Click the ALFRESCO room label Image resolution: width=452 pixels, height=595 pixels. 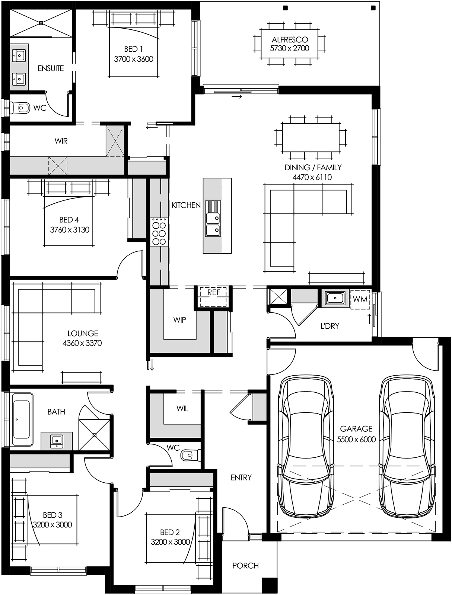[290, 39]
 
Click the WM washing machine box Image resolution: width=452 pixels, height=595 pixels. [360, 299]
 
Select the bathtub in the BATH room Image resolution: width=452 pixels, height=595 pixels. [22, 419]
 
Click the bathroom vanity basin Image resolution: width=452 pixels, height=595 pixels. [57, 441]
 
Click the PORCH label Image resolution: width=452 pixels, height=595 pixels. [245, 566]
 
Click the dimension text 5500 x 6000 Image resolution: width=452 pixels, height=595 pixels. [356, 440]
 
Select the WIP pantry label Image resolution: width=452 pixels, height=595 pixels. [180, 320]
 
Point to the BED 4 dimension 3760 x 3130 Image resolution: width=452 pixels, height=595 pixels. [70, 230]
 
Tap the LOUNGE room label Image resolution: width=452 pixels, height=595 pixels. [83, 333]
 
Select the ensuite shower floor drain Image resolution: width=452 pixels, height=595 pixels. [41, 23]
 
